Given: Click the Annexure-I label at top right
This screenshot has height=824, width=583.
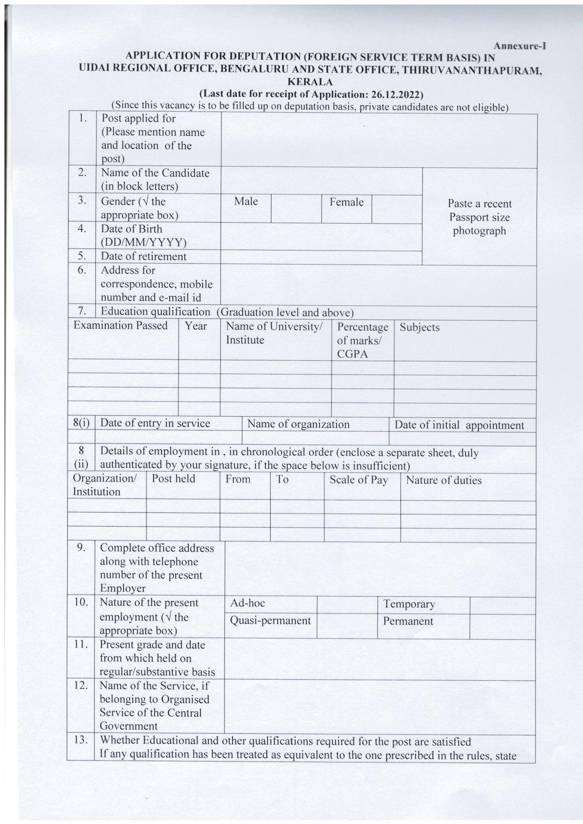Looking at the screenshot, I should point(519,46).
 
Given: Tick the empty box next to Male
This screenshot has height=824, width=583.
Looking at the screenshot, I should point(296,209).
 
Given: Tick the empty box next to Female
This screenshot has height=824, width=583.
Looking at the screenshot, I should point(396,209).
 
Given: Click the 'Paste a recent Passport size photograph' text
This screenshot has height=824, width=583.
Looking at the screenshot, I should point(479,217).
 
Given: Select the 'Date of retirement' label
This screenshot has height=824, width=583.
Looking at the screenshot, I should point(143,257).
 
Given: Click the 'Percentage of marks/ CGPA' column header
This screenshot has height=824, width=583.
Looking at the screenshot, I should point(362,340).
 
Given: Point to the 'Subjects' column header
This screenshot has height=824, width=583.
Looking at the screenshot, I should point(420,327).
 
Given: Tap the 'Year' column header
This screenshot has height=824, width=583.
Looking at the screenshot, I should point(195,326).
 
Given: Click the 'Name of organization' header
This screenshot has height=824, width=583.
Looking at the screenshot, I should point(298,424).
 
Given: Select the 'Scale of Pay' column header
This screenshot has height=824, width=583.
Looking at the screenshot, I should point(358,480).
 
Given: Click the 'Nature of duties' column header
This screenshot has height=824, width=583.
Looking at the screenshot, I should point(443,480).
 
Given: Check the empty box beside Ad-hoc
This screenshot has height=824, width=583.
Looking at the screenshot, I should point(347,605).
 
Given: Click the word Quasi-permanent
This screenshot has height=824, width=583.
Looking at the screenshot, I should point(270,621).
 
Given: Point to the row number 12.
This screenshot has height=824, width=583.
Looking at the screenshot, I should point(81,685).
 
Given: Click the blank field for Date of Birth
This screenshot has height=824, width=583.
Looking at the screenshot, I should point(321,237).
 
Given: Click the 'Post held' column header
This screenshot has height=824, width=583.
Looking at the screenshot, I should point(173,479).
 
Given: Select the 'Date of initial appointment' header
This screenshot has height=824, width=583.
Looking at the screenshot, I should point(459,425).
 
